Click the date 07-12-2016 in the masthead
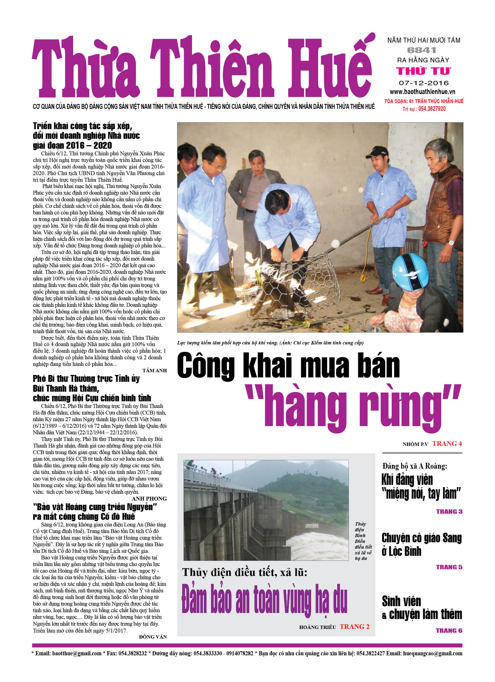point(424,83)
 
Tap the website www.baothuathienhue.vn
point(422,92)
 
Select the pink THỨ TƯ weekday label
point(424,71)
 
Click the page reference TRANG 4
point(447,444)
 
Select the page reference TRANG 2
point(354,627)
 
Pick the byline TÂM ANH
point(154,371)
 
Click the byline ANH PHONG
point(149,499)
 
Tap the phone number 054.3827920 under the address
point(432,109)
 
